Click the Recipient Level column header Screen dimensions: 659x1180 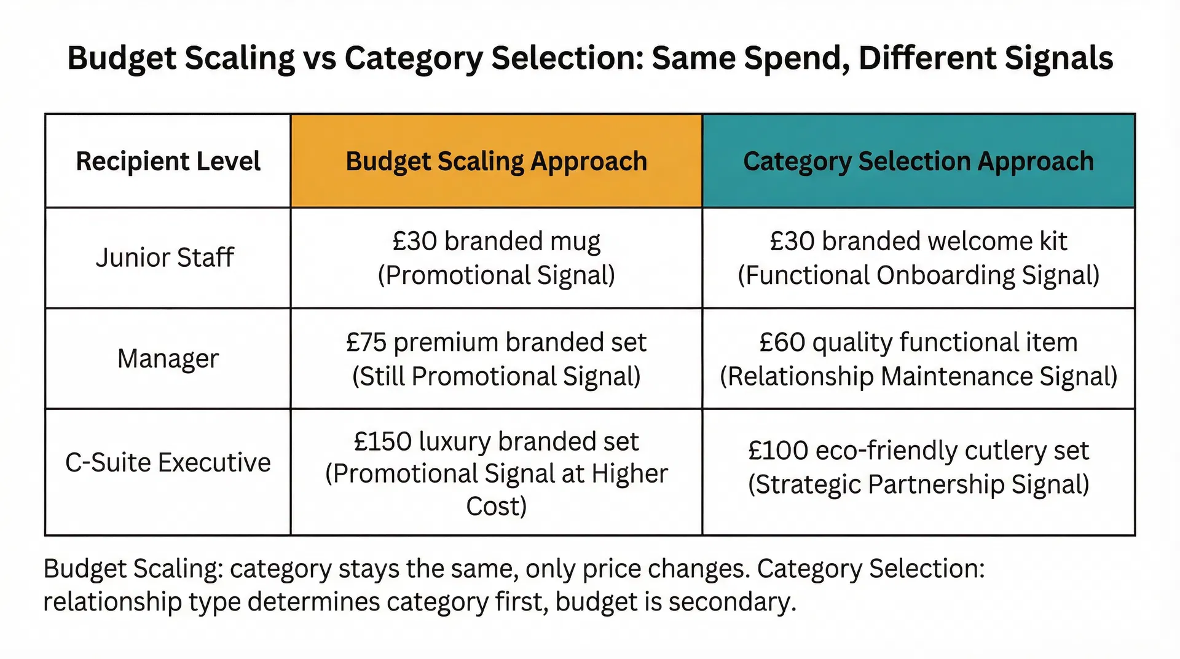pyautogui.click(x=168, y=161)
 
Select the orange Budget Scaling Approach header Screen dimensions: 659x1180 pyautogui.click(x=496, y=161)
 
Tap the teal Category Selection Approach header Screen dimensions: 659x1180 pyautogui.click(x=918, y=161)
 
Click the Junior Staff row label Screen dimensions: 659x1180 pyautogui.click(x=165, y=258)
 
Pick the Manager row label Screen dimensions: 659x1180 pyautogui.click(x=168, y=358)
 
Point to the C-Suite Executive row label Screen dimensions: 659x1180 pyautogui.click(x=168, y=462)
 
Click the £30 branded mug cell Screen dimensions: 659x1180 pyautogui.click(x=496, y=258)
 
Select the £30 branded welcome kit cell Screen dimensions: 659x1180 pyautogui.click(x=918, y=258)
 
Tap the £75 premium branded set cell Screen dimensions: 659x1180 pyautogui.click(x=496, y=358)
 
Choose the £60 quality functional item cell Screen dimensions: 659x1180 pyautogui.click(x=918, y=358)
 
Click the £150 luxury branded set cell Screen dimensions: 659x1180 pyautogui.click(x=496, y=473)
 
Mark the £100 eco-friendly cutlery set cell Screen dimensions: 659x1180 pyautogui.click(x=918, y=467)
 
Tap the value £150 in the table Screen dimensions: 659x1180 pyautogui.click(x=383, y=441)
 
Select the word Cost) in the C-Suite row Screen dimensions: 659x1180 pyautogui.click(x=496, y=507)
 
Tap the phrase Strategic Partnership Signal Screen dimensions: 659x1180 pyautogui.click(x=918, y=484)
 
